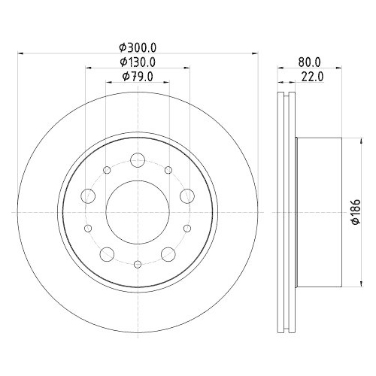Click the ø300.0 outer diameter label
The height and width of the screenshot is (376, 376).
(x=138, y=47)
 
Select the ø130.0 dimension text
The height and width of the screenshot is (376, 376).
(x=138, y=62)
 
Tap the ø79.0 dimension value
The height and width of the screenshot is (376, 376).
(x=138, y=77)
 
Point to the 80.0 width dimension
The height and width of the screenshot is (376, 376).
(x=309, y=62)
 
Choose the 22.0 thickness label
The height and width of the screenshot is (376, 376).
(x=312, y=77)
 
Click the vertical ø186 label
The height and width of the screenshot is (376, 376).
(x=356, y=212)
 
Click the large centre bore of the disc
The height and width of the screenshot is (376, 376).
(x=138, y=212)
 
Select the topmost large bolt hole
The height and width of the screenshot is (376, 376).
(x=138, y=160)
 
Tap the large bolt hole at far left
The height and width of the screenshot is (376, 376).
(x=88, y=196)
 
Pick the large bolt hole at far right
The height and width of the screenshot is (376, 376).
(x=187, y=196)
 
